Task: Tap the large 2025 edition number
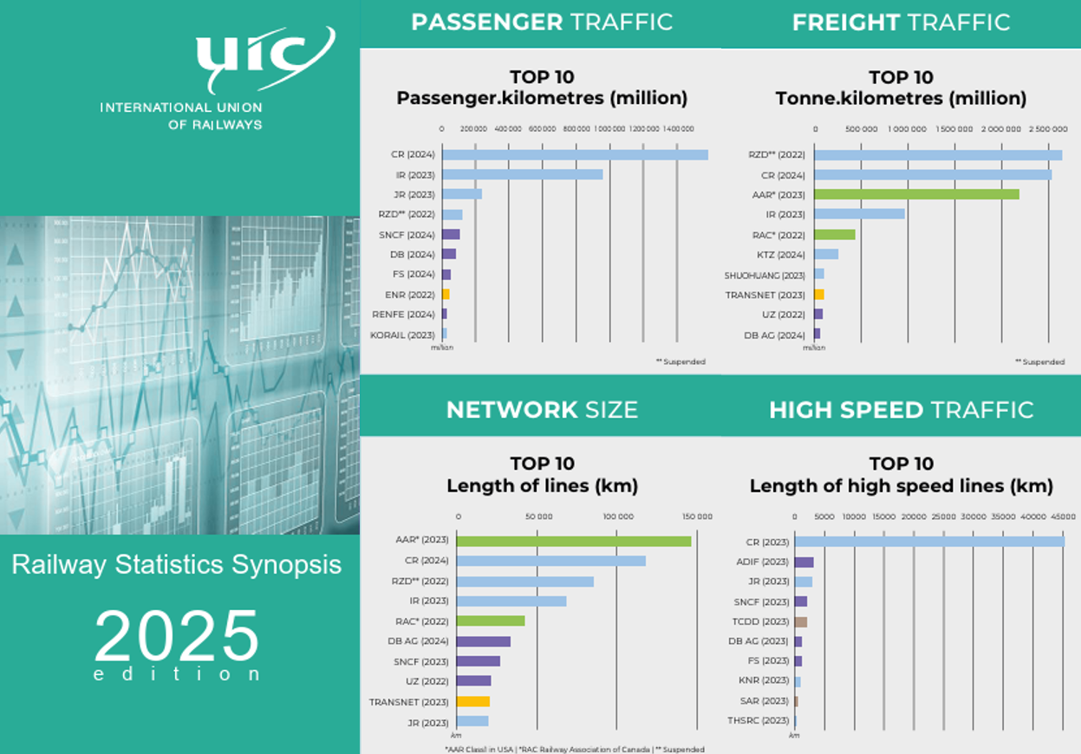tap(177, 637)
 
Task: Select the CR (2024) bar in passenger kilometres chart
tap(575, 155)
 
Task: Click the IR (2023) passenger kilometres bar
tap(522, 174)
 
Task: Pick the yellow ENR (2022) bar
tap(446, 294)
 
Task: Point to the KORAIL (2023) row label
tap(402, 335)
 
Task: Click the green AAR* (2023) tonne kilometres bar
tap(916, 194)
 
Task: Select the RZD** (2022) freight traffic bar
tap(938, 155)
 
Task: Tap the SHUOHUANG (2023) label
tap(765, 276)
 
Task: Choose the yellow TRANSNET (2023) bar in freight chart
tap(819, 295)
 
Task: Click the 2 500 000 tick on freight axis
tap(1048, 128)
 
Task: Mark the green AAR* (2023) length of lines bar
tap(574, 541)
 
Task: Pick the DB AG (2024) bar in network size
tap(484, 641)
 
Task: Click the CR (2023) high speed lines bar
tap(929, 542)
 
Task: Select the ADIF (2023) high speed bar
tap(804, 562)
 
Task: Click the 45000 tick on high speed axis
tap(1064, 517)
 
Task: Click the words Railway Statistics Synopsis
tap(177, 565)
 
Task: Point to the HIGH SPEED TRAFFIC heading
tap(901, 410)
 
